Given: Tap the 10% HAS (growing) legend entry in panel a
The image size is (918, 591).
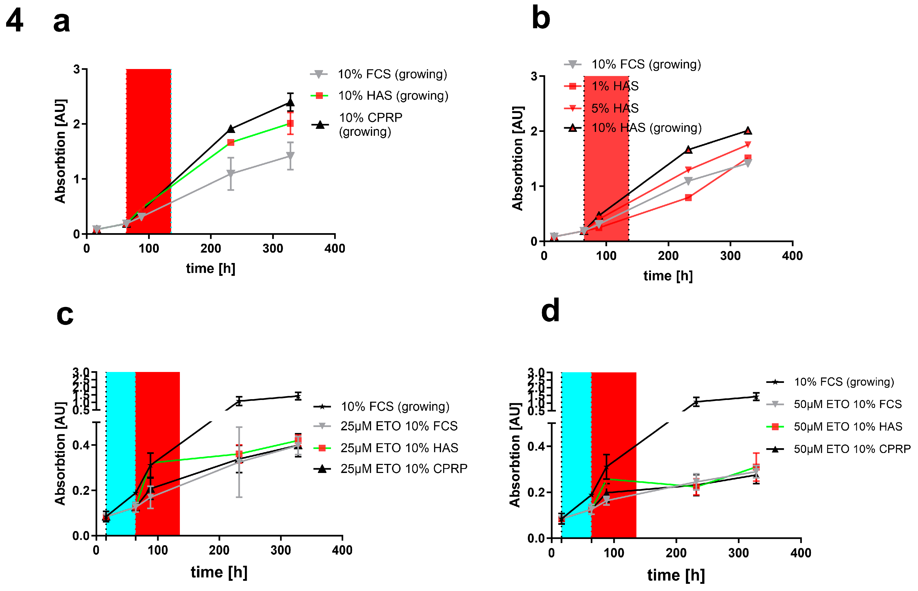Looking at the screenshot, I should pyautogui.click(x=393, y=96).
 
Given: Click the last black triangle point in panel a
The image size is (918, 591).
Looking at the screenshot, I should pyautogui.click(x=290, y=103).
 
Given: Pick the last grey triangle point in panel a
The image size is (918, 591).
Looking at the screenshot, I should pyautogui.click(x=290, y=156).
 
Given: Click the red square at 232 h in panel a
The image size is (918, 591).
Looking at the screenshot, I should pyautogui.click(x=231, y=142).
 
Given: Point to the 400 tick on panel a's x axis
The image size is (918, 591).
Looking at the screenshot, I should pyautogui.click(x=335, y=249).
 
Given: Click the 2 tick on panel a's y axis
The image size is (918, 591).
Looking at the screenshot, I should pyautogui.click(x=76, y=124).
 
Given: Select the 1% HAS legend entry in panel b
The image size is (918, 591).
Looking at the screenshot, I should pyautogui.click(x=614, y=86).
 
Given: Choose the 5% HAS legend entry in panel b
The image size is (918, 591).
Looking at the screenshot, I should pyautogui.click(x=614, y=108).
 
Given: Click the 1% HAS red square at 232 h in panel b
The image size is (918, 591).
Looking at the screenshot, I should pyautogui.click(x=688, y=198).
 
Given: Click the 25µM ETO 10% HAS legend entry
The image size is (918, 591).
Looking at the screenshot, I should pyautogui.click(x=399, y=448).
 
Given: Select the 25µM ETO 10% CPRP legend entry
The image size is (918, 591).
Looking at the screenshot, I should pyautogui.click(x=404, y=469).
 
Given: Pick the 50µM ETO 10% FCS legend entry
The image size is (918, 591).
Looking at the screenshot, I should pyautogui.click(x=847, y=404).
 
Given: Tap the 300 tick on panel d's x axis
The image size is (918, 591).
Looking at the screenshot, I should pyautogui.click(x=738, y=553).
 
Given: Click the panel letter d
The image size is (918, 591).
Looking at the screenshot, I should pyautogui.click(x=550, y=311).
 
